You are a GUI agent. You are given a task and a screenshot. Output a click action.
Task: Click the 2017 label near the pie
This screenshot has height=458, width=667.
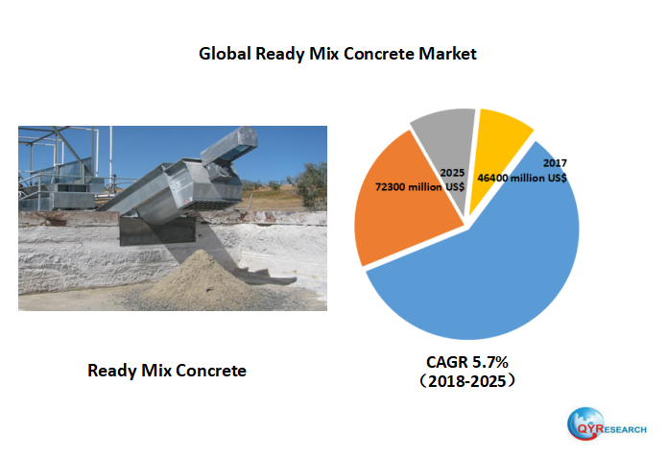click(555, 163)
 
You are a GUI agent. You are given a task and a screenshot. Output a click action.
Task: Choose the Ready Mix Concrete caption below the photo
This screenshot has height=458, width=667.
click(167, 370)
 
